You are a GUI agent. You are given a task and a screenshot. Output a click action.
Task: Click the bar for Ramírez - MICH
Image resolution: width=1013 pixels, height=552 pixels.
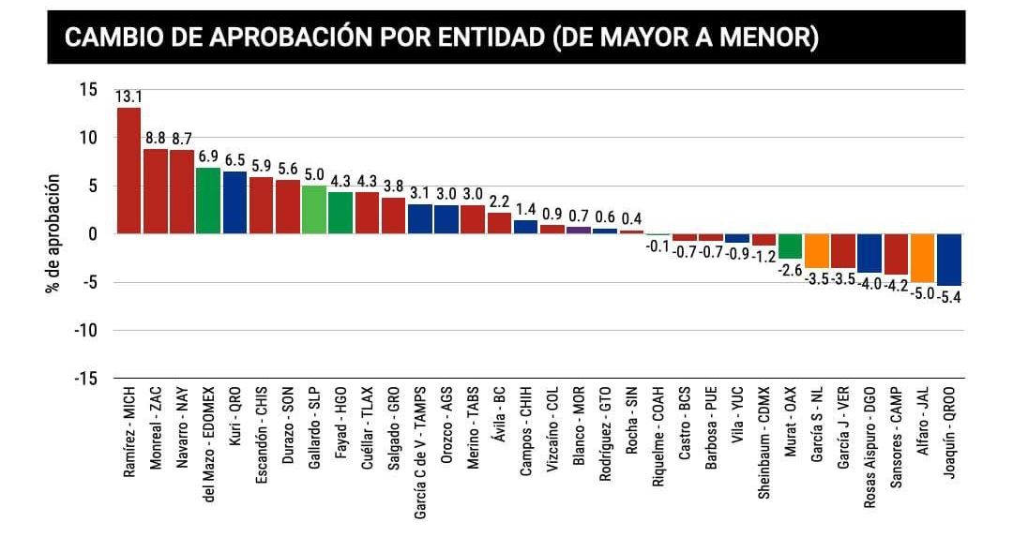(x=129, y=171)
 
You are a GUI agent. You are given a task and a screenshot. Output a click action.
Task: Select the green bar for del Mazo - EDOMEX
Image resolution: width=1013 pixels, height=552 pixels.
(x=208, y=201)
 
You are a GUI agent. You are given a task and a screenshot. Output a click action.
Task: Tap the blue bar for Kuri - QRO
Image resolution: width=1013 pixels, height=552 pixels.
(x=234, y=202)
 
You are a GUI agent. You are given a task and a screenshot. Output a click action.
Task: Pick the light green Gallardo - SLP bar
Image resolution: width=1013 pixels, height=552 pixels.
(x=314, y=210)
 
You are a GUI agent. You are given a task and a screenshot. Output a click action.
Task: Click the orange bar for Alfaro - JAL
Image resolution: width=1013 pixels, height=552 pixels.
(x=922, y=258)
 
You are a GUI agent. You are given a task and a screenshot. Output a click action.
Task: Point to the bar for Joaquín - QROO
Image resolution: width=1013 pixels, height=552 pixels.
(x=949, y=260)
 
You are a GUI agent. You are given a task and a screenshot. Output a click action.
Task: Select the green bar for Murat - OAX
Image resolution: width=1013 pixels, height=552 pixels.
(x=790, y=246)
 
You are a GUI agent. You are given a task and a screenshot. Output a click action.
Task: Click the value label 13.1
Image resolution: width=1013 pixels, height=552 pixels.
(x=129, y=97)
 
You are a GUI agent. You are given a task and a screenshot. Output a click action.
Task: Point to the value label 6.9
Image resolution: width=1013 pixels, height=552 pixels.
(x=208, y=157)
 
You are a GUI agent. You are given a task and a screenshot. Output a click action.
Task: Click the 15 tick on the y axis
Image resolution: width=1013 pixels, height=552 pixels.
(x=88, y=90)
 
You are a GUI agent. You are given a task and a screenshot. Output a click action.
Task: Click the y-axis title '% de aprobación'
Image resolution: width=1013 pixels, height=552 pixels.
(x=53, y=233)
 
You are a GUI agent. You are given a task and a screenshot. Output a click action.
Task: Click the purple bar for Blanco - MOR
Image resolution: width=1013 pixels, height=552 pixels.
(x=579, y=230)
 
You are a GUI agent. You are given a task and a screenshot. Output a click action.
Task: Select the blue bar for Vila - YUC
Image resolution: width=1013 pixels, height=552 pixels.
(x=737, y=238)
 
